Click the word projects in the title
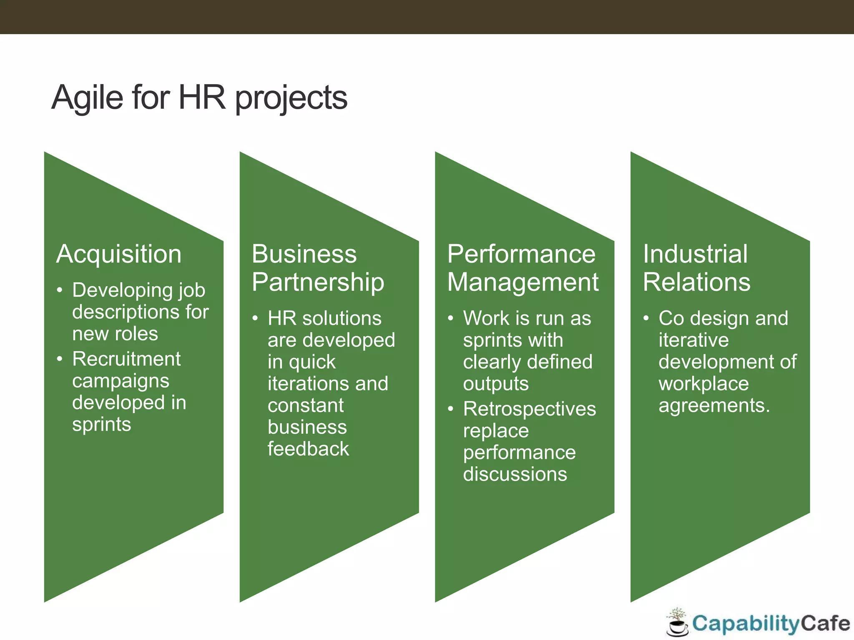click(291, 98)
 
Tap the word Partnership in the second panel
click(318, 282)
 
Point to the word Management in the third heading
click(523, 282)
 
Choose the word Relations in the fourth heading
click(696, 282)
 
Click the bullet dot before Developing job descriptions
click(60, 290)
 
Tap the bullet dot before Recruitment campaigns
click(60, 359)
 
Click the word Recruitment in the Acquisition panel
click(126, 359)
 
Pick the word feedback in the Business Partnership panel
click(308, 449)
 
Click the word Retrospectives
click(530, 409)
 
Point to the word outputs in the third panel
click(496, 384)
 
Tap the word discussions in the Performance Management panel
click(515, 474)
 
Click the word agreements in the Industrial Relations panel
click(714, 405)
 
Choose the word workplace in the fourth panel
click(703, 384)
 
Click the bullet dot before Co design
click(646, 318)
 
